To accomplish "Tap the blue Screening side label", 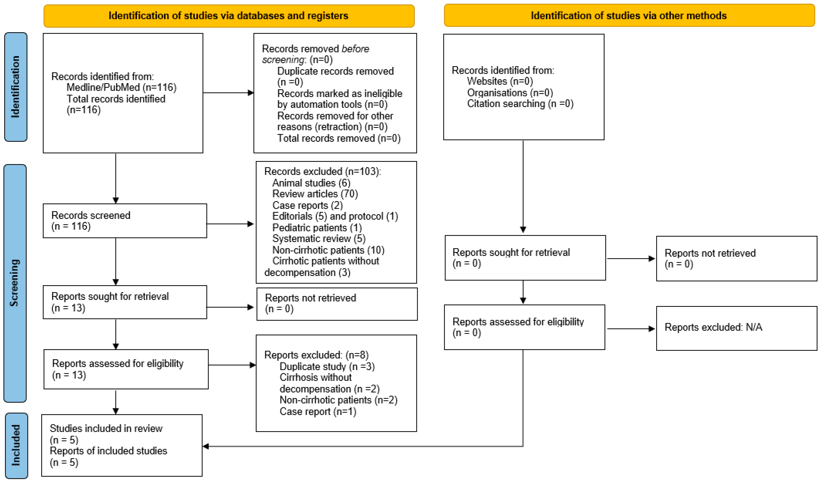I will [15, 283].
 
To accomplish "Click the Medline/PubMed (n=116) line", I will [121, 87].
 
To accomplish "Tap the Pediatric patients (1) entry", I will [317, 228].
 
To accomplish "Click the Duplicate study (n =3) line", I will [327, 367].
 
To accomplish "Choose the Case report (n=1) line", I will [318, 412].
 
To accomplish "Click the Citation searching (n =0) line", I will [520, 104].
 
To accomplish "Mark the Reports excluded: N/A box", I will [736, 328].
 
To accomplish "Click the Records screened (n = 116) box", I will [125, 221].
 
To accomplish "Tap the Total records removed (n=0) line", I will [339, 138].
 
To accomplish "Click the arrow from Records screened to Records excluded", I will [230, 224].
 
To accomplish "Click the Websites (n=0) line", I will [500, 81].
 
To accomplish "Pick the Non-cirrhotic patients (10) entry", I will [328, 250].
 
